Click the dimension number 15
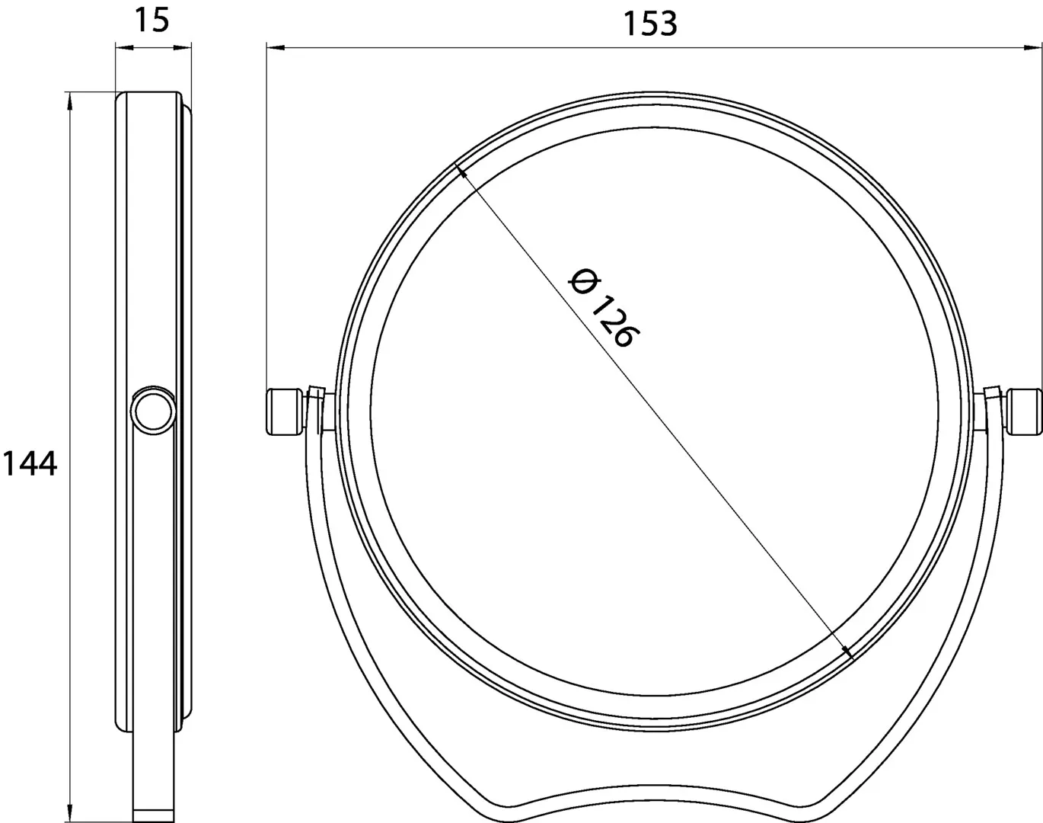coord(152,21)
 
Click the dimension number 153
coord(650,24)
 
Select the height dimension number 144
coord(30,463)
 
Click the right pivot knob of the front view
coord(1025,411)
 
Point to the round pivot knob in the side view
coord(154,411)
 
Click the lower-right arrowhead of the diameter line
coord(847,652)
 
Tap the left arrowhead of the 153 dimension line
coord(275,47)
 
